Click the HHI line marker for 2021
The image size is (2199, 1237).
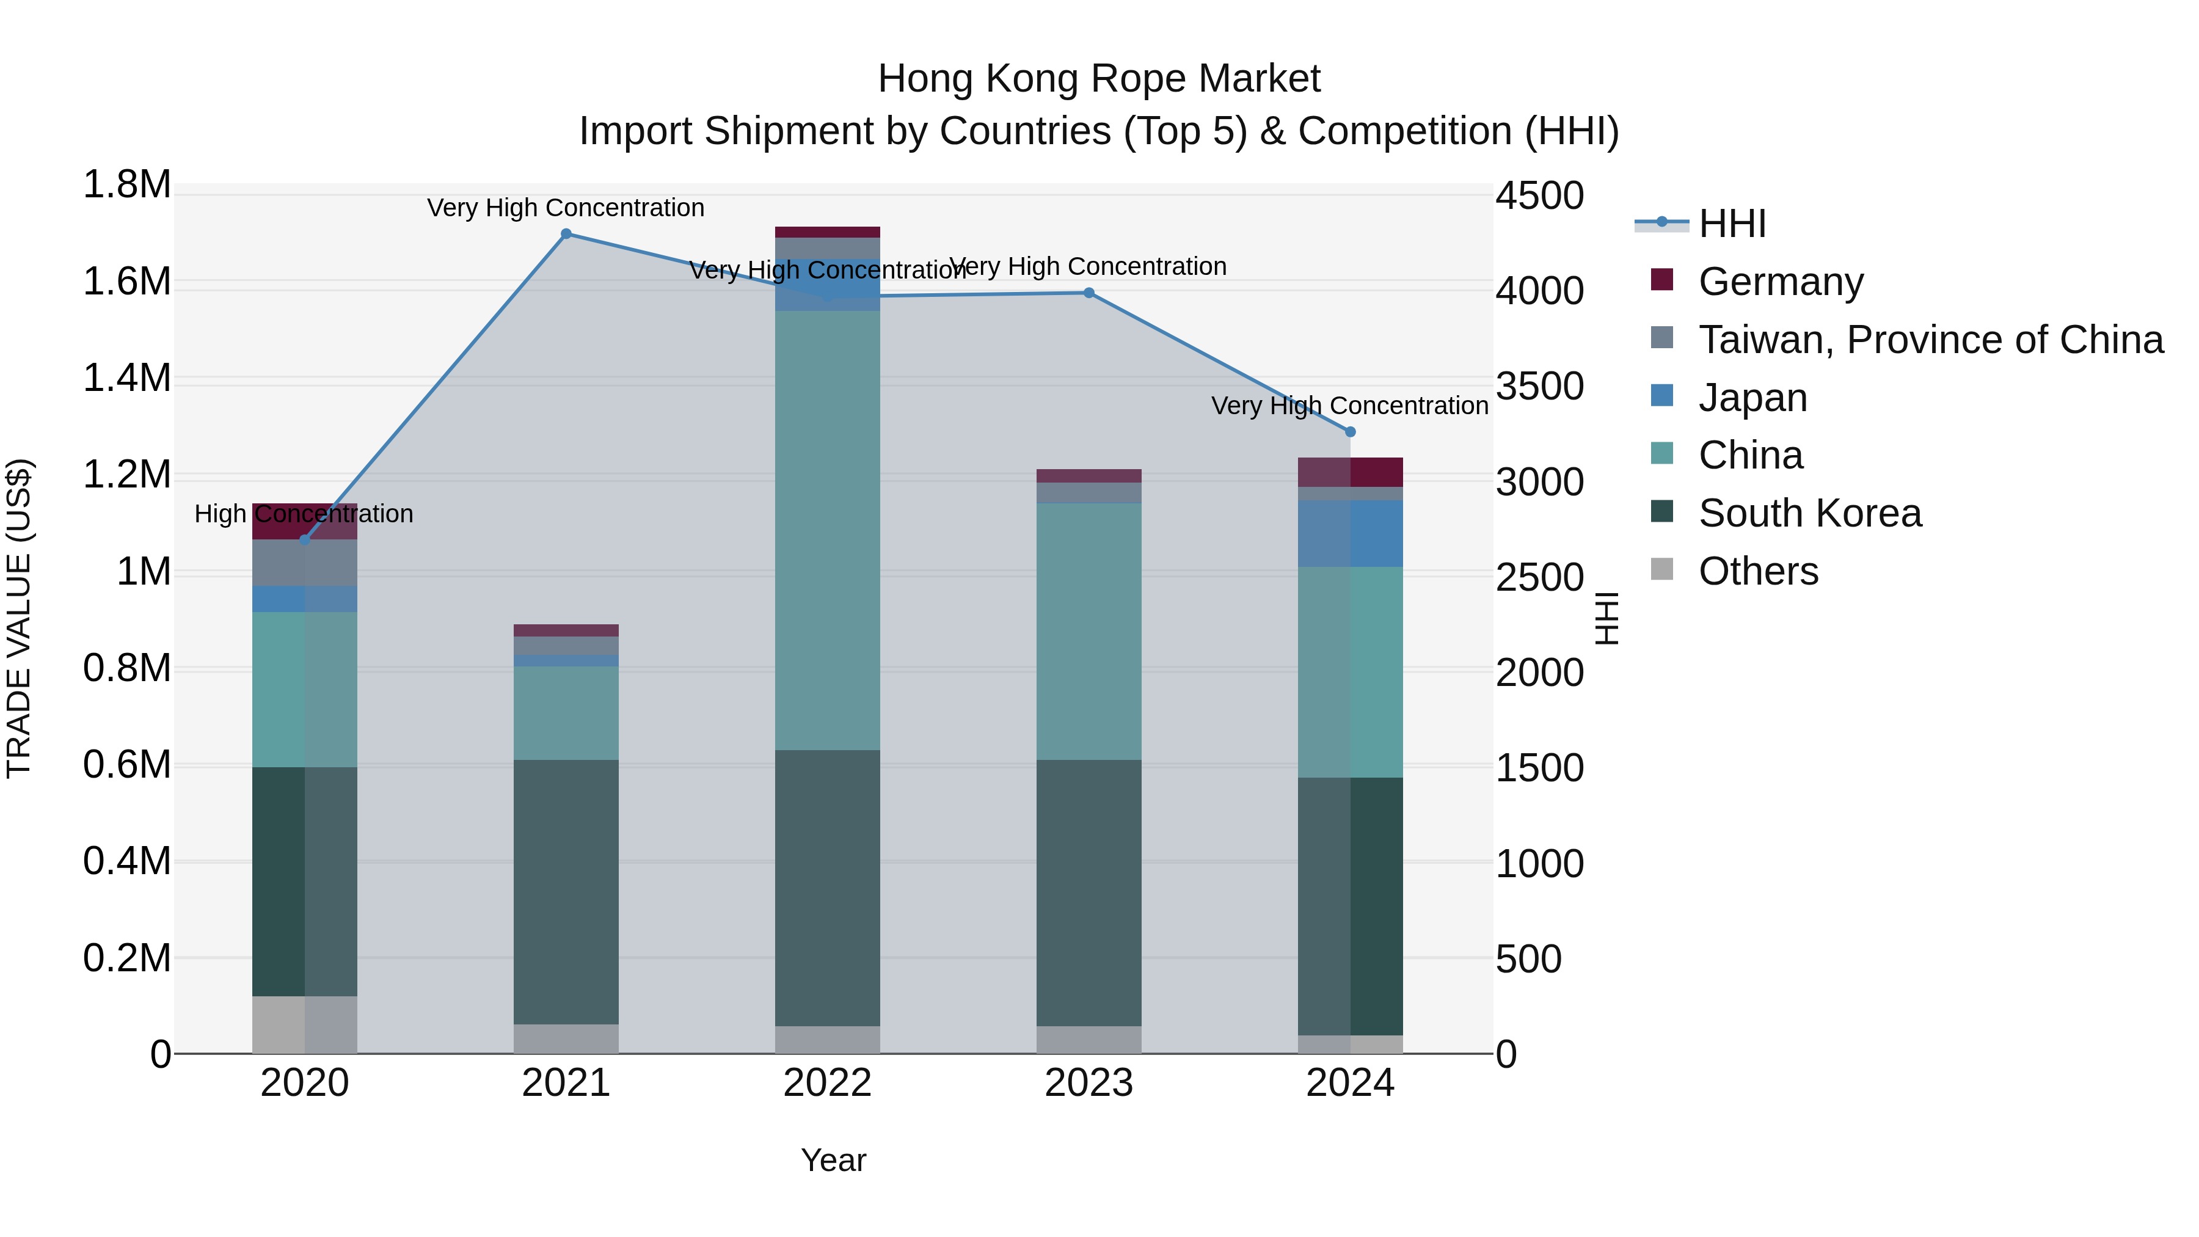coord(566,234)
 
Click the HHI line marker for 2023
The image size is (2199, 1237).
coord(1089,293)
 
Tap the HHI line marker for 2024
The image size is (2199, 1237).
coord(1349,432)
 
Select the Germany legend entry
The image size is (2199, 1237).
coord(1780,282)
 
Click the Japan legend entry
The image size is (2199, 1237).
coord(1752,398)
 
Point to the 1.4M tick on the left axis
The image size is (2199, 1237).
coord(127,378)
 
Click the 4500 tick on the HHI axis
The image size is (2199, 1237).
coord(1539,195)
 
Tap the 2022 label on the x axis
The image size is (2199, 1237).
coord(827,1083)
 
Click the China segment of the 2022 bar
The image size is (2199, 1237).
coord(827,529)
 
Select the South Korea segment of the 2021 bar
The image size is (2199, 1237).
coord(566,891)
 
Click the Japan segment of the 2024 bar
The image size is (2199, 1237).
coord(1349,533)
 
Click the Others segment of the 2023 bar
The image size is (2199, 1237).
coord(1089,1039)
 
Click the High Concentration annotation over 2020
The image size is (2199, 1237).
coord(304,514)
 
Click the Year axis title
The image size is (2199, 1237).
coord(833,1160)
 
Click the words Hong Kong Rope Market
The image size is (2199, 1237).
coord(1099,79)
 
